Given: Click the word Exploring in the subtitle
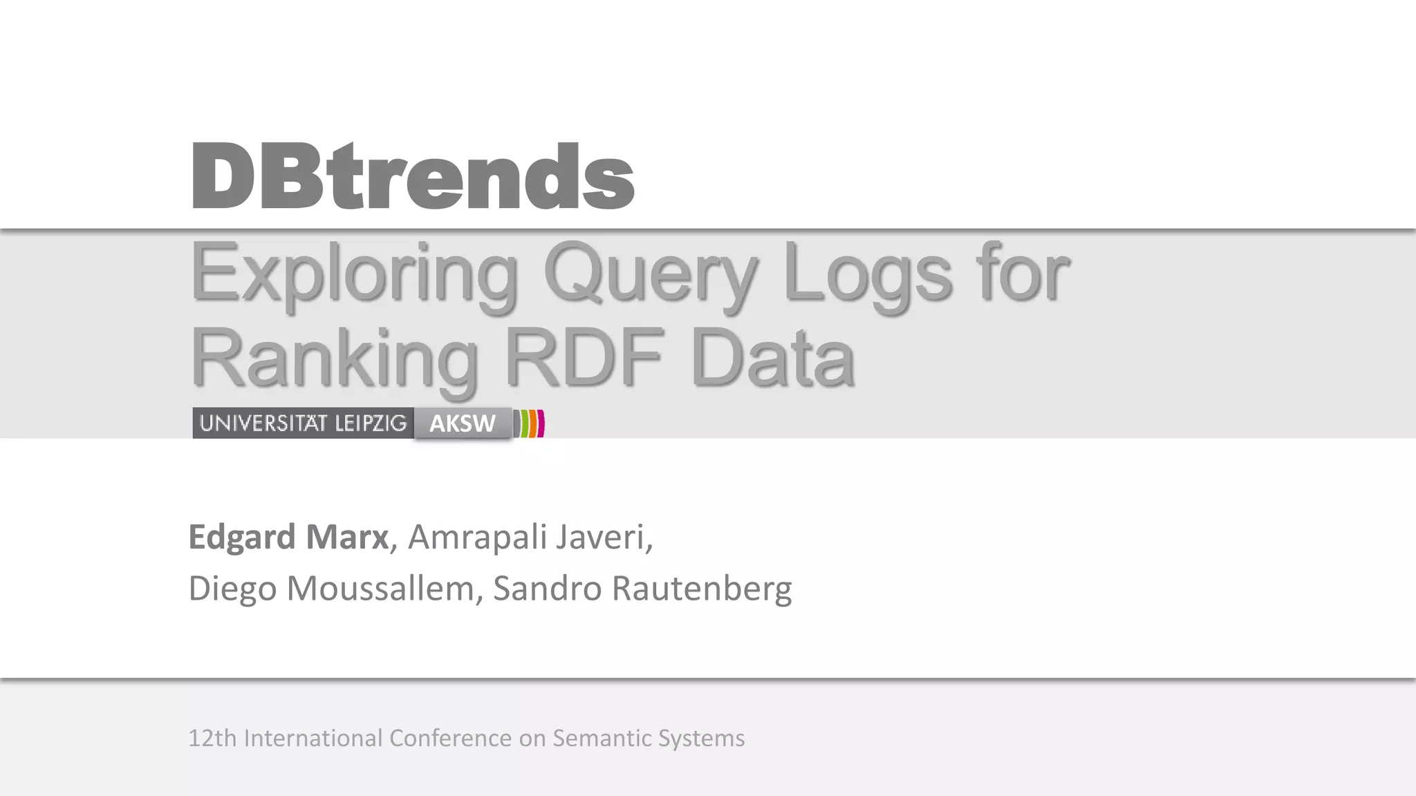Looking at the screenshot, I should [353, 272].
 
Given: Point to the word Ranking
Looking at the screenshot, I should [334, 358].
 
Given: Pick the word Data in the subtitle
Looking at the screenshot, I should [773, 358].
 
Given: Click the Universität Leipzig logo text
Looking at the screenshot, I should [303, 423].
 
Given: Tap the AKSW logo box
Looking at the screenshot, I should [463, 423].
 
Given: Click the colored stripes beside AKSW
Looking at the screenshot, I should [530, 423].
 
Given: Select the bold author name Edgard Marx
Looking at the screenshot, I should [288, 537].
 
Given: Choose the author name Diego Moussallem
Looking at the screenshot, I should [331, 588].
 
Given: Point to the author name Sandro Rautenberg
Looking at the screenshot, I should [642, 588].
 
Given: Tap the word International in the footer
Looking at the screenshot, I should [313, 738].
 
